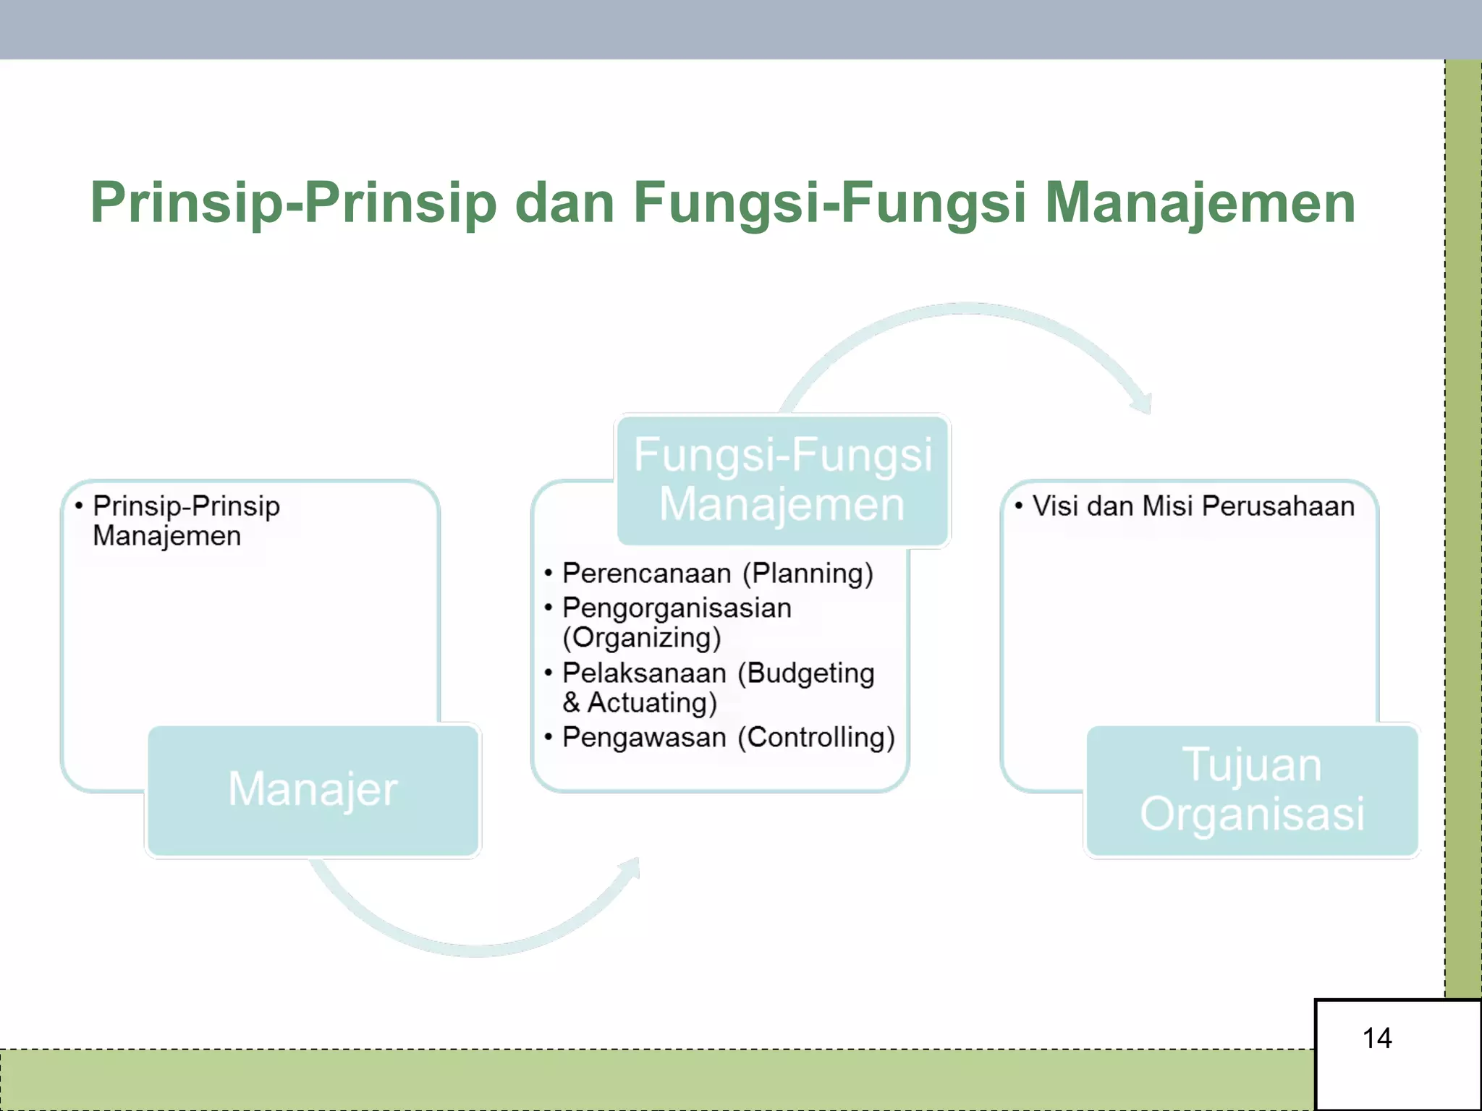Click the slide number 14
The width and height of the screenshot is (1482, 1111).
coord(1376,1039)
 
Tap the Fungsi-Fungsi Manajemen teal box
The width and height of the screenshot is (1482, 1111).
coord(782,480)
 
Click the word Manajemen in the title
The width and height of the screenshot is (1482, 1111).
coord(1200,203)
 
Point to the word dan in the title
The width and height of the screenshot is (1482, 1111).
coord(564,203)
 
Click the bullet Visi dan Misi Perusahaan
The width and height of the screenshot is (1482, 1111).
coord(1193,506)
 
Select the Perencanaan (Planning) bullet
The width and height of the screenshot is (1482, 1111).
coord(717,574)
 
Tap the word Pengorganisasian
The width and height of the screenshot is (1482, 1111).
coord(677,608)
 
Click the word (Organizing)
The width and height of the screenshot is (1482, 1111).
coord(642,638)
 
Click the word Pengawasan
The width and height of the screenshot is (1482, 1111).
coord(644,738)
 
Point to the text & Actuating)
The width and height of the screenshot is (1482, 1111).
coord(640,703)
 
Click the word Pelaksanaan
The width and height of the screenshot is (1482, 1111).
coord(644,673)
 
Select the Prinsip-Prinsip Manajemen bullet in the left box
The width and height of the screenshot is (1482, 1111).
coord(186,521)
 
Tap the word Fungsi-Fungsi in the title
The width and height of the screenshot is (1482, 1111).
coord(829,203)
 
